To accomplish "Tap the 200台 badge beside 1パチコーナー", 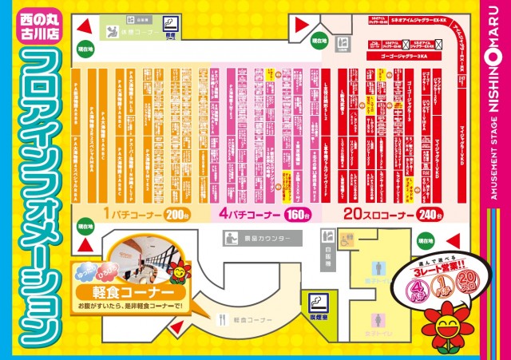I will click(176, 215).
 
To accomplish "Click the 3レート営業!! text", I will click(433, 269).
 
